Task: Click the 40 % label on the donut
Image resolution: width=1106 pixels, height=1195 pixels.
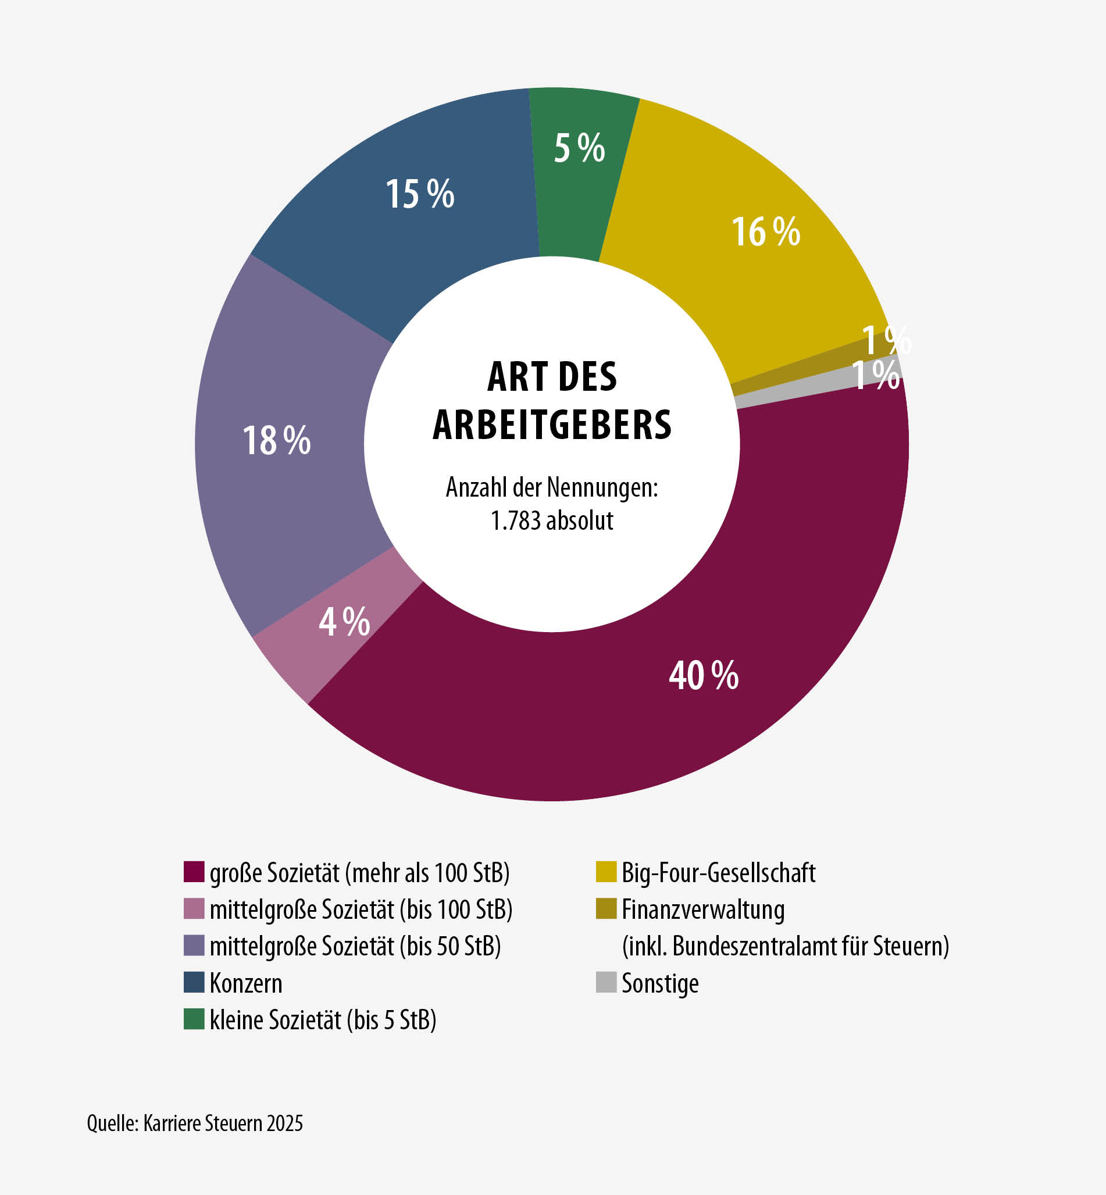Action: [x=703, y=676]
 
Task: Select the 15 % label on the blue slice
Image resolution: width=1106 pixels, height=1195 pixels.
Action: [x=419, y=194]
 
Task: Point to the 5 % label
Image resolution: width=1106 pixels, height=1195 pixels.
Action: [x=579, y=148]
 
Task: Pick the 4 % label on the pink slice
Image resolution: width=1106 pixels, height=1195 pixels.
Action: [x=344, y=622]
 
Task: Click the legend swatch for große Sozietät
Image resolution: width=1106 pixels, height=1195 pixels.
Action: [x=194, y=871]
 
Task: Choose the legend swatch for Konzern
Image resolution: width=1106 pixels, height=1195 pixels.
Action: [x=194, y=982]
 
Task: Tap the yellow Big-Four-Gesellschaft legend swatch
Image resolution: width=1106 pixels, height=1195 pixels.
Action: [x=606, y=871]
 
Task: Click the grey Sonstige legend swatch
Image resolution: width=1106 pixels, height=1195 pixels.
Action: [x=606, y=982]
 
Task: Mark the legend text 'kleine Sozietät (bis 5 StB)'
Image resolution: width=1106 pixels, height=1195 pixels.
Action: [x=323, y=1019]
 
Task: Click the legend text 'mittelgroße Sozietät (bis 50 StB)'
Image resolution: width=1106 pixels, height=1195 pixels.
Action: [x=355, y=946]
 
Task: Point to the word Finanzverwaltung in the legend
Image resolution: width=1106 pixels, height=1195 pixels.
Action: [x=702, y=909]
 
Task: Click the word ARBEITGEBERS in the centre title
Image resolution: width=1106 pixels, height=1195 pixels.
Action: [x=552, y=425]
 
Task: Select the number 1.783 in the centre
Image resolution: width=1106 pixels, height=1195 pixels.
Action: [x=515, y=520]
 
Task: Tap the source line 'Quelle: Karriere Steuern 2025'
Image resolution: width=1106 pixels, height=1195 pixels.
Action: [x=194, y=1123]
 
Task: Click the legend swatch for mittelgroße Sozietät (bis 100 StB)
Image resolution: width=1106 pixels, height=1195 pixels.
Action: [x=194, y=908]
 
